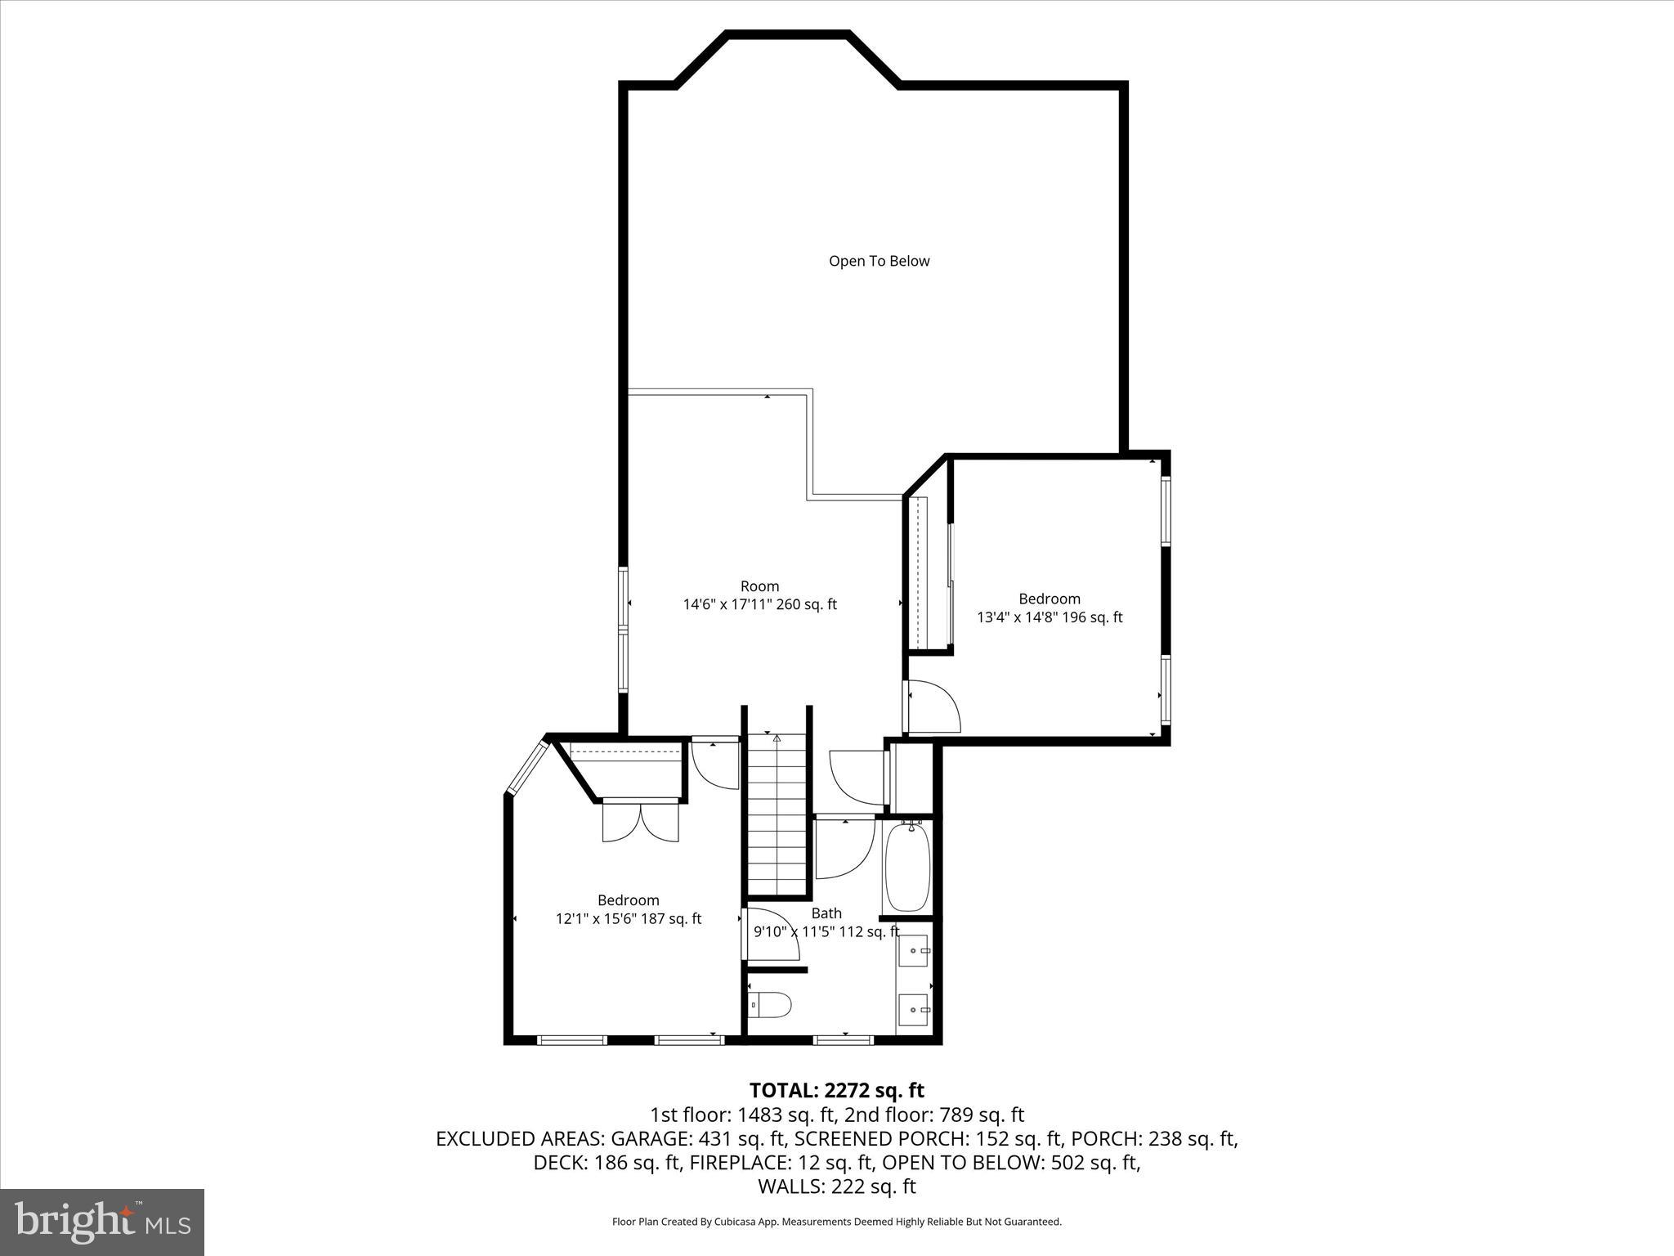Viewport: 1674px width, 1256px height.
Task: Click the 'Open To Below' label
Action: tap(879, 261)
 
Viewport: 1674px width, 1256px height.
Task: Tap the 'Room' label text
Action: tap(759, 585)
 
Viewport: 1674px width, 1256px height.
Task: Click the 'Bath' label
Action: tap(826, 913)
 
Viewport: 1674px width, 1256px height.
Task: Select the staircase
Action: tap(777, 818)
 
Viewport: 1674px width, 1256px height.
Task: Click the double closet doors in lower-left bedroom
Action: tap(640, 822)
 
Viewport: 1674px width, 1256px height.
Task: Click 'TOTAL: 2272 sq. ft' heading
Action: tap(836, 1090)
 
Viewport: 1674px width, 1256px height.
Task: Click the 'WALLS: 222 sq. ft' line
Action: tap(836, 1186)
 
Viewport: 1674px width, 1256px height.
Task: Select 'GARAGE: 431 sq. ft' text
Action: tap(698, 1138)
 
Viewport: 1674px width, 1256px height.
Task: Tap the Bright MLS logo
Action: tap(102, 1222)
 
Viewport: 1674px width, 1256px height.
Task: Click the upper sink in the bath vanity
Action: tap(914, 951)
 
